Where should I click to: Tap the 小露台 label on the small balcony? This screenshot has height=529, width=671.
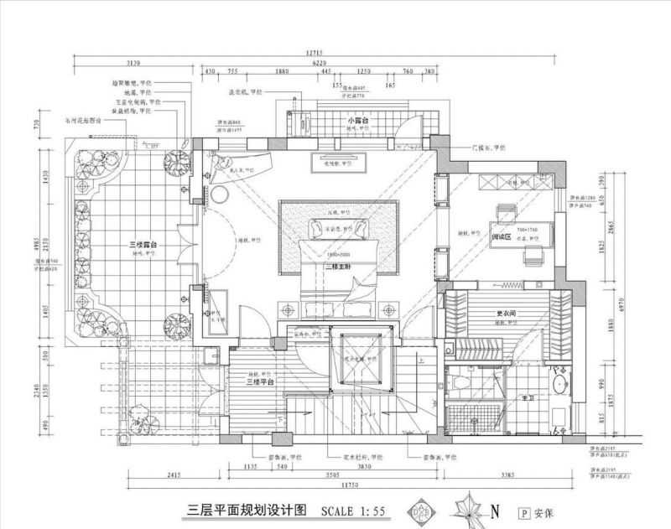[x=359, y=122]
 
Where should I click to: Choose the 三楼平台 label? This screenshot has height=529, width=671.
[x=262, y=381]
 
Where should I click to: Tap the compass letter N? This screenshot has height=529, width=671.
[x=496, y=510]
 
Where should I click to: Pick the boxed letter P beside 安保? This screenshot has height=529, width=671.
[x=524, y=511]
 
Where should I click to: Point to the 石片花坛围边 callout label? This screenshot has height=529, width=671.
[x=84, y=121]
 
